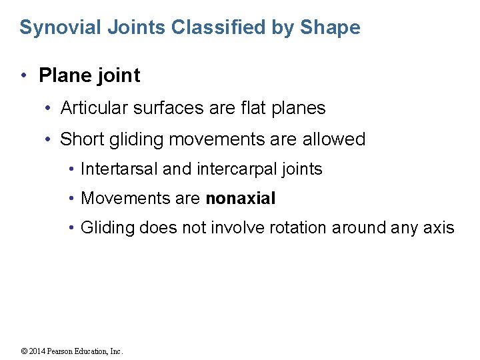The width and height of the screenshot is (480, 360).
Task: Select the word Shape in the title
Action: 330,28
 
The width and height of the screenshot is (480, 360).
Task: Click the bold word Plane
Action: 63,75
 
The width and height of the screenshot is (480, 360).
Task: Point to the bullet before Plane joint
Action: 24,75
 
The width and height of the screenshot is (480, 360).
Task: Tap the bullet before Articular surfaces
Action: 49,107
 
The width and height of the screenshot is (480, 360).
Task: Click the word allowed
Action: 335,139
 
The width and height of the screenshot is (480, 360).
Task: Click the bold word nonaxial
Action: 241,199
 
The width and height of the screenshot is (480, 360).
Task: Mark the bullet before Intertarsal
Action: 71,169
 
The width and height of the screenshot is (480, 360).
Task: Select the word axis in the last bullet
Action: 439,228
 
